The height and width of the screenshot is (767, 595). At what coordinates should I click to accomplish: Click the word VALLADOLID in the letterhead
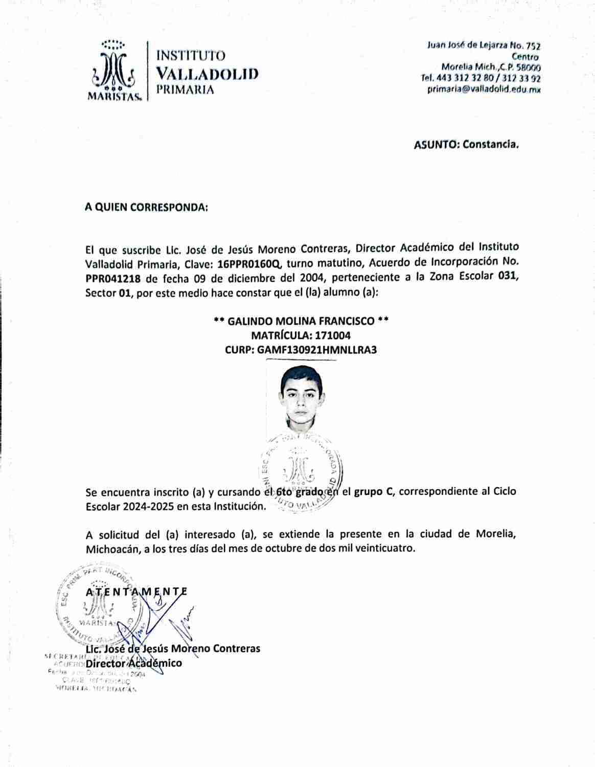tap(207, 73)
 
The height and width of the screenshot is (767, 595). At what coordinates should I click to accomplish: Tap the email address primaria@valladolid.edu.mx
tap(484, 89)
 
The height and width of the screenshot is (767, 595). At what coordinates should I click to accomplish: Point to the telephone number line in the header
tap(480, 78)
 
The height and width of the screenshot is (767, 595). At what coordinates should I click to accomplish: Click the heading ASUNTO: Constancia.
tap(466, 144)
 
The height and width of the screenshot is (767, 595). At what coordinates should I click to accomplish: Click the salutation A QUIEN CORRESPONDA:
tap(146, 208)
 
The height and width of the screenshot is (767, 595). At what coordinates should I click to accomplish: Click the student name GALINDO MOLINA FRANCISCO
tap(301, 321)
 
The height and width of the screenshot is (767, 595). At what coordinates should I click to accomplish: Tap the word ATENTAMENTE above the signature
tap(136, 592)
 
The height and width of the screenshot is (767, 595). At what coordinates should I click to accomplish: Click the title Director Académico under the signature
tap(134, 663)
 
